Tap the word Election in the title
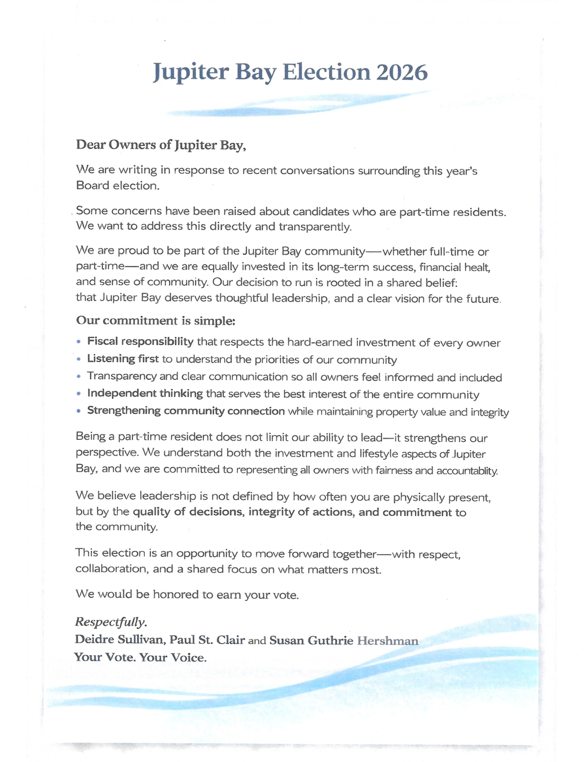(326, 72)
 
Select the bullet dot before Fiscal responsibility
(79, 342)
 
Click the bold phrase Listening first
(123, 359)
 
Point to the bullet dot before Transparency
(79, 377)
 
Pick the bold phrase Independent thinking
(145, 394)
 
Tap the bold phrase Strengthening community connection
(186, 411)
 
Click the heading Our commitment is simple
(156, 320)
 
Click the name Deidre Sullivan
(119, 640)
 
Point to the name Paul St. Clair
(207, 640)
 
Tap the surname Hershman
(387, 641)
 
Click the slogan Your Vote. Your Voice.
(140, 657)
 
